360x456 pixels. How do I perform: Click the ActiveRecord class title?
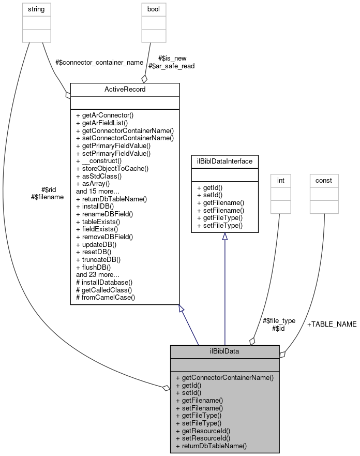pos(125,89)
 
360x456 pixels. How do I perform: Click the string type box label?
pos(37,9)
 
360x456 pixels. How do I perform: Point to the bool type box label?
pos(154,9)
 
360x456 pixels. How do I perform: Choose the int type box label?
pos(281,180)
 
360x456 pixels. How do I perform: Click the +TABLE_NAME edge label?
pos(332,324)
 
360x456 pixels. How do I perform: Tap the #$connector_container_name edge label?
pos(99,62)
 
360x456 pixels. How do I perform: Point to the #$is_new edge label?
pos(172,58)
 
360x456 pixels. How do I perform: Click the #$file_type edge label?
pos(279,320)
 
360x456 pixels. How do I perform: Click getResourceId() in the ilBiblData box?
pos(203,430)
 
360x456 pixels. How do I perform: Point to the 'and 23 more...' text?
pos(98,274)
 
